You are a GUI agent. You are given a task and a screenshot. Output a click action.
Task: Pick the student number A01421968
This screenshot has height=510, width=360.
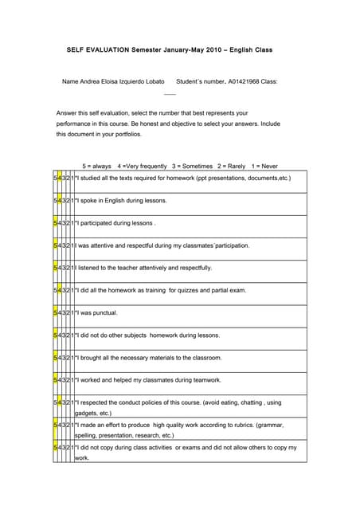pyautogui.click(x=242, y=81)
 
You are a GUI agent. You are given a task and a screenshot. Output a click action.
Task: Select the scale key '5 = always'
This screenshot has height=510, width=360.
pyautogui.click(x=97, y=166)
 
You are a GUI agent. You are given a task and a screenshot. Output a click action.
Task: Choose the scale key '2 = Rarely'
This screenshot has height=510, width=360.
pyautogui.click(x=231, y=166)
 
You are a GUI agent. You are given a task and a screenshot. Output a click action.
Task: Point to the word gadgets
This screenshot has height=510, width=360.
pyautogui.click(x=87, y=414)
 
